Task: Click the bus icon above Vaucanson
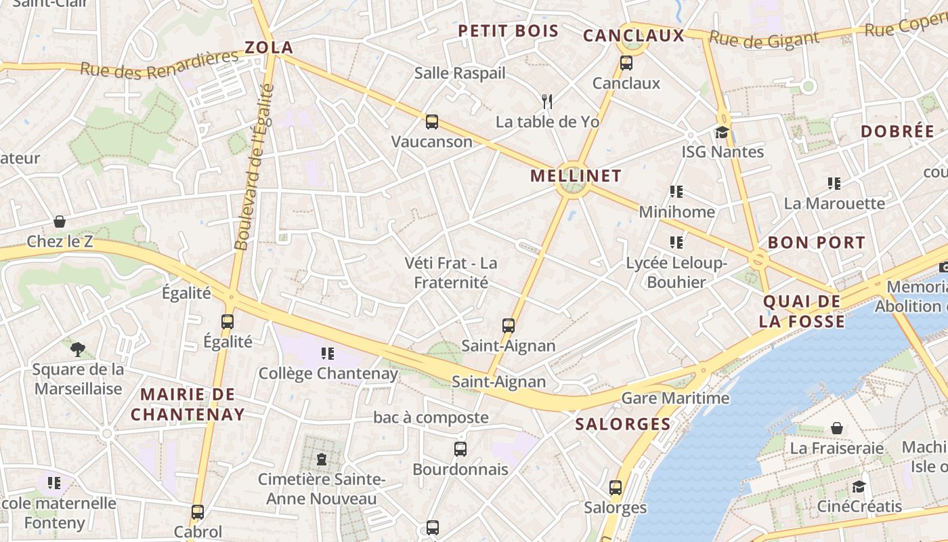coord(432,122)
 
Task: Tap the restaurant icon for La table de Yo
coord(547,102)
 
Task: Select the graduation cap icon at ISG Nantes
coord(722,132)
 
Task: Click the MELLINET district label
coord(576,176)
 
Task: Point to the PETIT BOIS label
coord(509,30)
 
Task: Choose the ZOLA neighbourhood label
coord(269,47)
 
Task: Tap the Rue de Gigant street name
coord(764,40)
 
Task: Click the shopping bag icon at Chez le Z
coord(60,222)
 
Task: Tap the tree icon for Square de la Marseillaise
coord(78,350)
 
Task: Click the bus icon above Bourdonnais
coord(460,449)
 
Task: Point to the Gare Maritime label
coord(675,398)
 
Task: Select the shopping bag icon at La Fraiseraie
coord(837,428)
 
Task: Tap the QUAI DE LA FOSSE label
coord(802,311)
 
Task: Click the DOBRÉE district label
coord(897,131)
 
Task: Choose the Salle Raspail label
coord(460,72)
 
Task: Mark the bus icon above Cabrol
coord(198,512)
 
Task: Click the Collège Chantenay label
coord(328,373)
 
